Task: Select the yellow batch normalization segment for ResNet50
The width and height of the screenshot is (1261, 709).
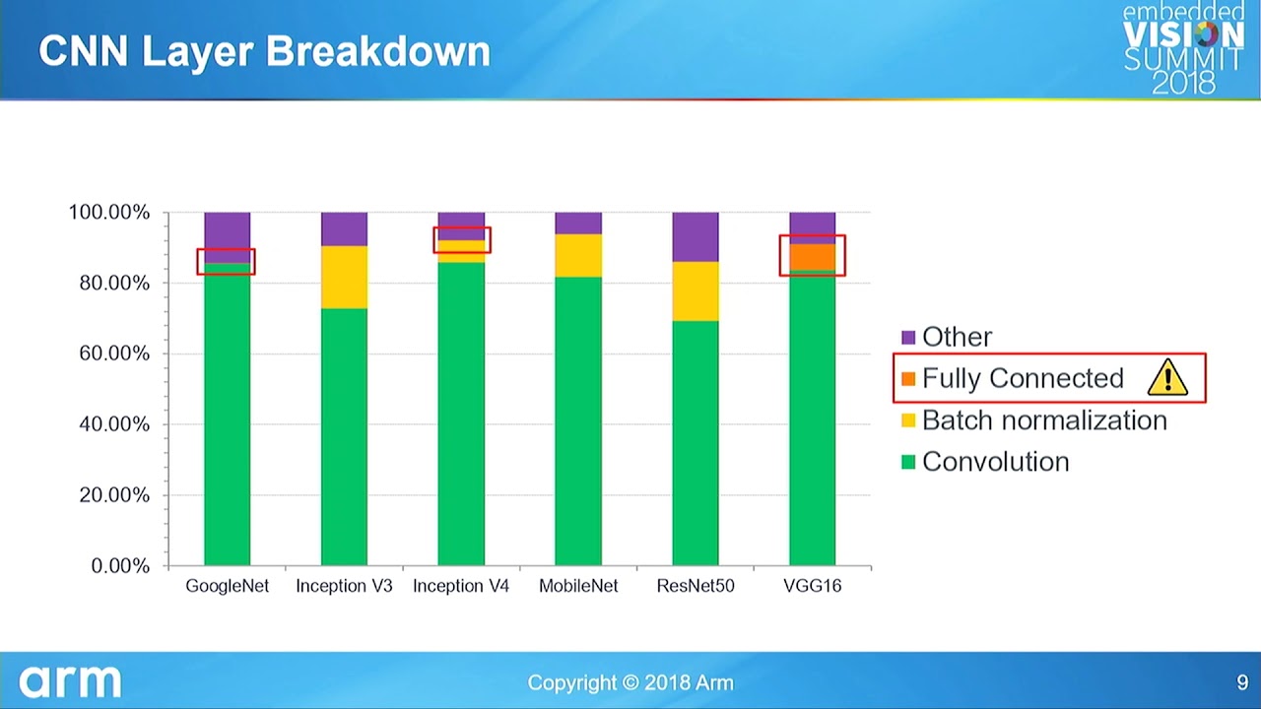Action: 696,291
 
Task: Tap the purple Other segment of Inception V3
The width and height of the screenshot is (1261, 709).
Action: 344,229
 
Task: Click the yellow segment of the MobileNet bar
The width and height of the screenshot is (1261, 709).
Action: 578,256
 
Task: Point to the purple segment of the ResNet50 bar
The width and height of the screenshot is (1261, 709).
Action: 696,237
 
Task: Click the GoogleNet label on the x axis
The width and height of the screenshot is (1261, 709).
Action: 228,586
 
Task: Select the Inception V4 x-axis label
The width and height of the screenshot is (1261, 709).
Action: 461,586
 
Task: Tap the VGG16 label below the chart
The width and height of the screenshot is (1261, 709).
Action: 813,586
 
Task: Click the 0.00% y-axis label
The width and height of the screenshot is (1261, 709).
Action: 121,566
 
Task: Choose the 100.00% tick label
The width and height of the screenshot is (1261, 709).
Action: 109,213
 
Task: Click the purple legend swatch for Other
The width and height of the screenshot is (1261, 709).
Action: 908,337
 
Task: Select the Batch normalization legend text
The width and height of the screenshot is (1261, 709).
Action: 1044,420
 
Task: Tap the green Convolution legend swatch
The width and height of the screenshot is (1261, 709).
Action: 908,462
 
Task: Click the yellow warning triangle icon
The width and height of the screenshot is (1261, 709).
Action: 1167,377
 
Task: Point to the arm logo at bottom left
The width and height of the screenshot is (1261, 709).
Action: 70,681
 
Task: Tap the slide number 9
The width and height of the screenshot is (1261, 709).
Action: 1242,682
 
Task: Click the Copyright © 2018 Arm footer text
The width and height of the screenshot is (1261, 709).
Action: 630,682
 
